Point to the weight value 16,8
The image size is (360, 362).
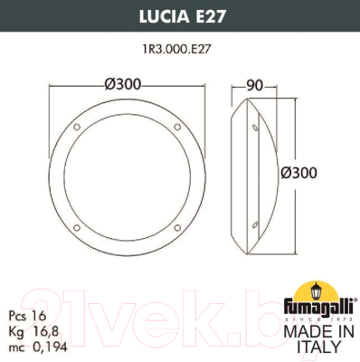40,333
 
